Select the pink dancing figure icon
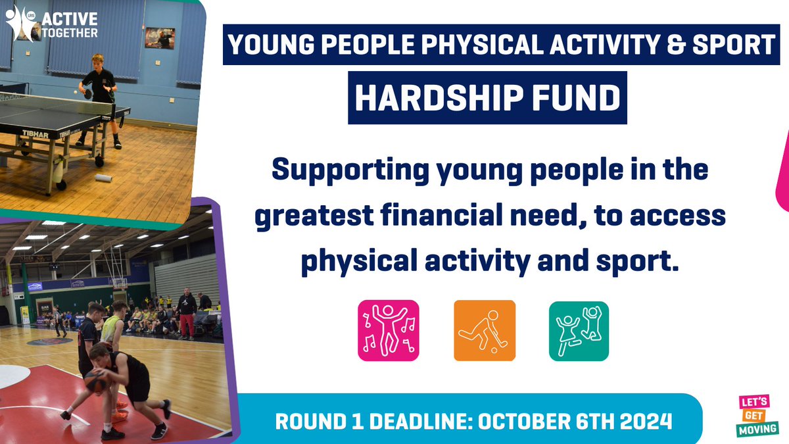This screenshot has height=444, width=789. click(388, 330)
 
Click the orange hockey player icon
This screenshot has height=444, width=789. click(485, 330)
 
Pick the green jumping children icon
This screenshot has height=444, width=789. click(579, 330)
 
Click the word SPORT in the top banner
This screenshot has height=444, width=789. click(734, 45)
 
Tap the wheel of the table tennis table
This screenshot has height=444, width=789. click(99, 160)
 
